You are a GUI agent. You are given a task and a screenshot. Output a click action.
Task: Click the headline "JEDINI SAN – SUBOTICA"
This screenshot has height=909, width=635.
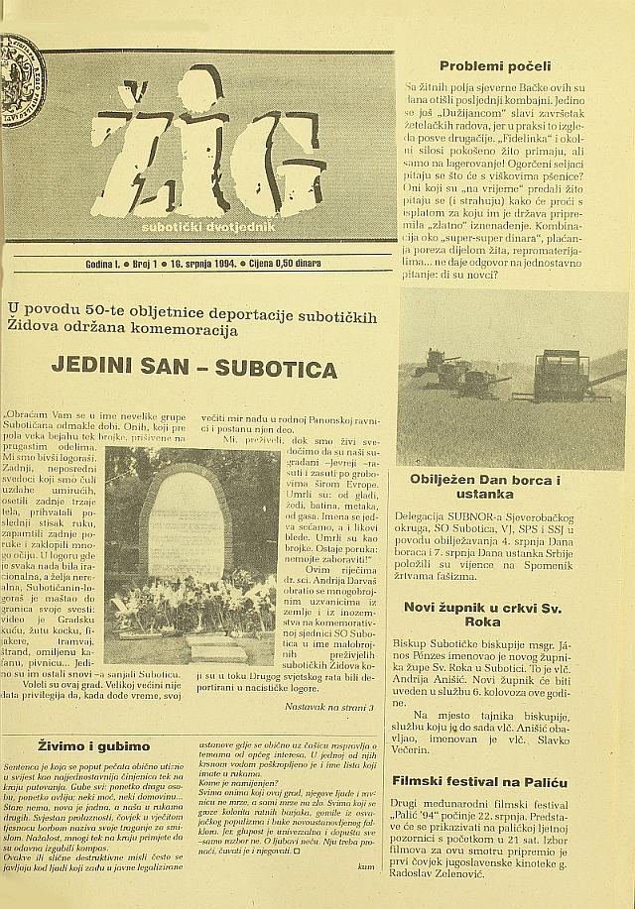pos(193,369)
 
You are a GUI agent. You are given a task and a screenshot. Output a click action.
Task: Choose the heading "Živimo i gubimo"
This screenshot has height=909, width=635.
pos(94,745)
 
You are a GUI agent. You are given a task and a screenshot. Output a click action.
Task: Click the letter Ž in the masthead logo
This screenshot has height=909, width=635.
pos(136,149)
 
